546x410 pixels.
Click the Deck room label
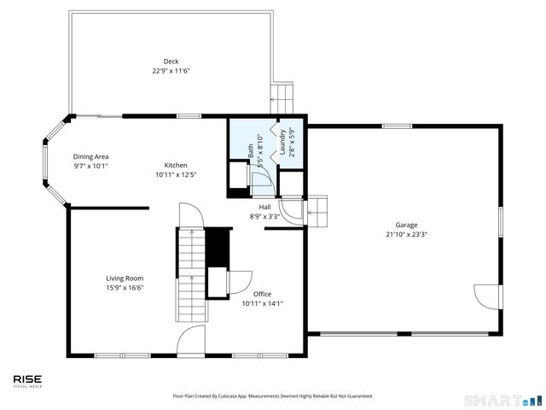pyautogui.click(x=171, y=61)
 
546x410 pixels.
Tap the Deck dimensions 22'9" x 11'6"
pyautogui.click(x=171, y=71)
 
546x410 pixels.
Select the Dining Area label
pyautogui.click(x=90, y=156)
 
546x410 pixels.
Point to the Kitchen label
pyautogui.click(x=176, y=165)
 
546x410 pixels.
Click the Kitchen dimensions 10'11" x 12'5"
pyautogui.click(x=176, y=175)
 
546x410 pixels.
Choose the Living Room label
pyautogui.click(x=125, y=278)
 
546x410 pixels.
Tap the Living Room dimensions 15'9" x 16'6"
pyautogui.click(x=125, y=288)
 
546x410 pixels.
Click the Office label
pyautogui.click(x=262, y=294)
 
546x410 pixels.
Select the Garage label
pyautogui.click(x=404, y=224)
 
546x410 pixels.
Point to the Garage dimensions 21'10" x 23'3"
pyautogui.click(x=404, y=234)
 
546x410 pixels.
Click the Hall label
pyautogui.click(x=265, y=207)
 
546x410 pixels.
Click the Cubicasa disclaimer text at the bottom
pyautogui.click(x=273, y=396)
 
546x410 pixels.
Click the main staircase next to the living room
pyautogui.click(x=192, y=273)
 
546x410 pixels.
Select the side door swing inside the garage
pyautogui.click(x=486, y=297)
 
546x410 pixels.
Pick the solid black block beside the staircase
pyautogui.click(x=219, y=248)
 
